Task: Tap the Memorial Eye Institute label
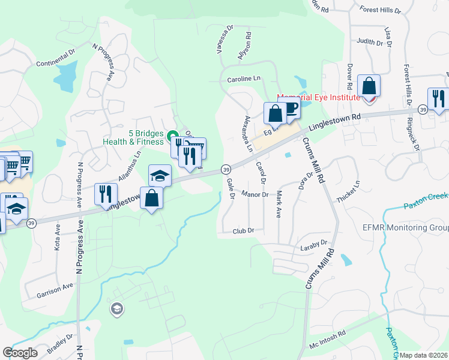tap(318, 97)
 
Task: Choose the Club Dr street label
tap(243, 230)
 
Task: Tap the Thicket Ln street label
tap(349, 191)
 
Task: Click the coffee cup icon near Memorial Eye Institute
tap(290, 109)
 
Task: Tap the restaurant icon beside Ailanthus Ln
tap(104, 194)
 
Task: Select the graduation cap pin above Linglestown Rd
tap(160, 175)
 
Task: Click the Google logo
tap(20, 353)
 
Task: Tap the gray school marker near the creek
tap(116, 309)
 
